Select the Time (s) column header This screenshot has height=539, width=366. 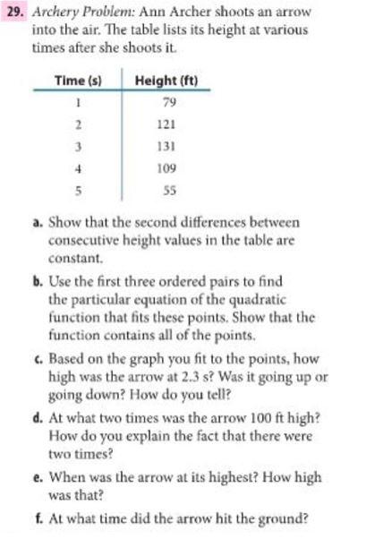(x=76, y=81)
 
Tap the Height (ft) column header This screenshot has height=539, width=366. (x=166, y=81)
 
